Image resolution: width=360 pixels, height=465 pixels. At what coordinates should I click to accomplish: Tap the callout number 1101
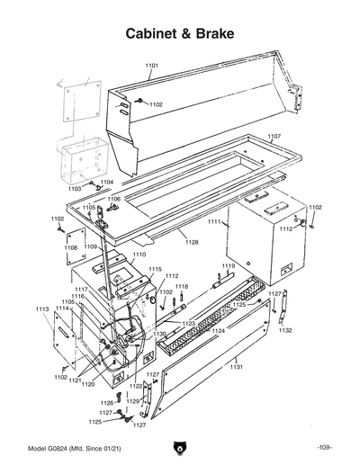coord(151,67)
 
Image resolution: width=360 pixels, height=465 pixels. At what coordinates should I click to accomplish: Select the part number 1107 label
coord(274,136)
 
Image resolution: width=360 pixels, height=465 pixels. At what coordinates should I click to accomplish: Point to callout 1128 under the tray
coord(192,242)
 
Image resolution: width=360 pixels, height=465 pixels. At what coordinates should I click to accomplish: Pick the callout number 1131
coord(236,367)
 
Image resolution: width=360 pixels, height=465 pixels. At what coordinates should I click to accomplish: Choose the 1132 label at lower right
coord(285,331)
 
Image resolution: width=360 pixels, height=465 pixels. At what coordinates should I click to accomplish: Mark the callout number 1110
coord(139,255)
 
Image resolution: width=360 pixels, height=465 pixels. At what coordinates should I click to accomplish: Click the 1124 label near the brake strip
coord(218,331)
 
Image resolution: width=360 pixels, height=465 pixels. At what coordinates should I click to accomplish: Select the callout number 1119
coord(229,266)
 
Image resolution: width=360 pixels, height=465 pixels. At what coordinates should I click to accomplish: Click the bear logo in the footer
coord(180,448)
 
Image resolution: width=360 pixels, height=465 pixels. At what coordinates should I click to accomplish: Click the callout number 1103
coord(74,189)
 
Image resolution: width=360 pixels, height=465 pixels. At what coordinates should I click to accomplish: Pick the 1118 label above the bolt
coord(181,286)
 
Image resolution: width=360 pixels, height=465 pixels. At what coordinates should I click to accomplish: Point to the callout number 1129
coord(133,400)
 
